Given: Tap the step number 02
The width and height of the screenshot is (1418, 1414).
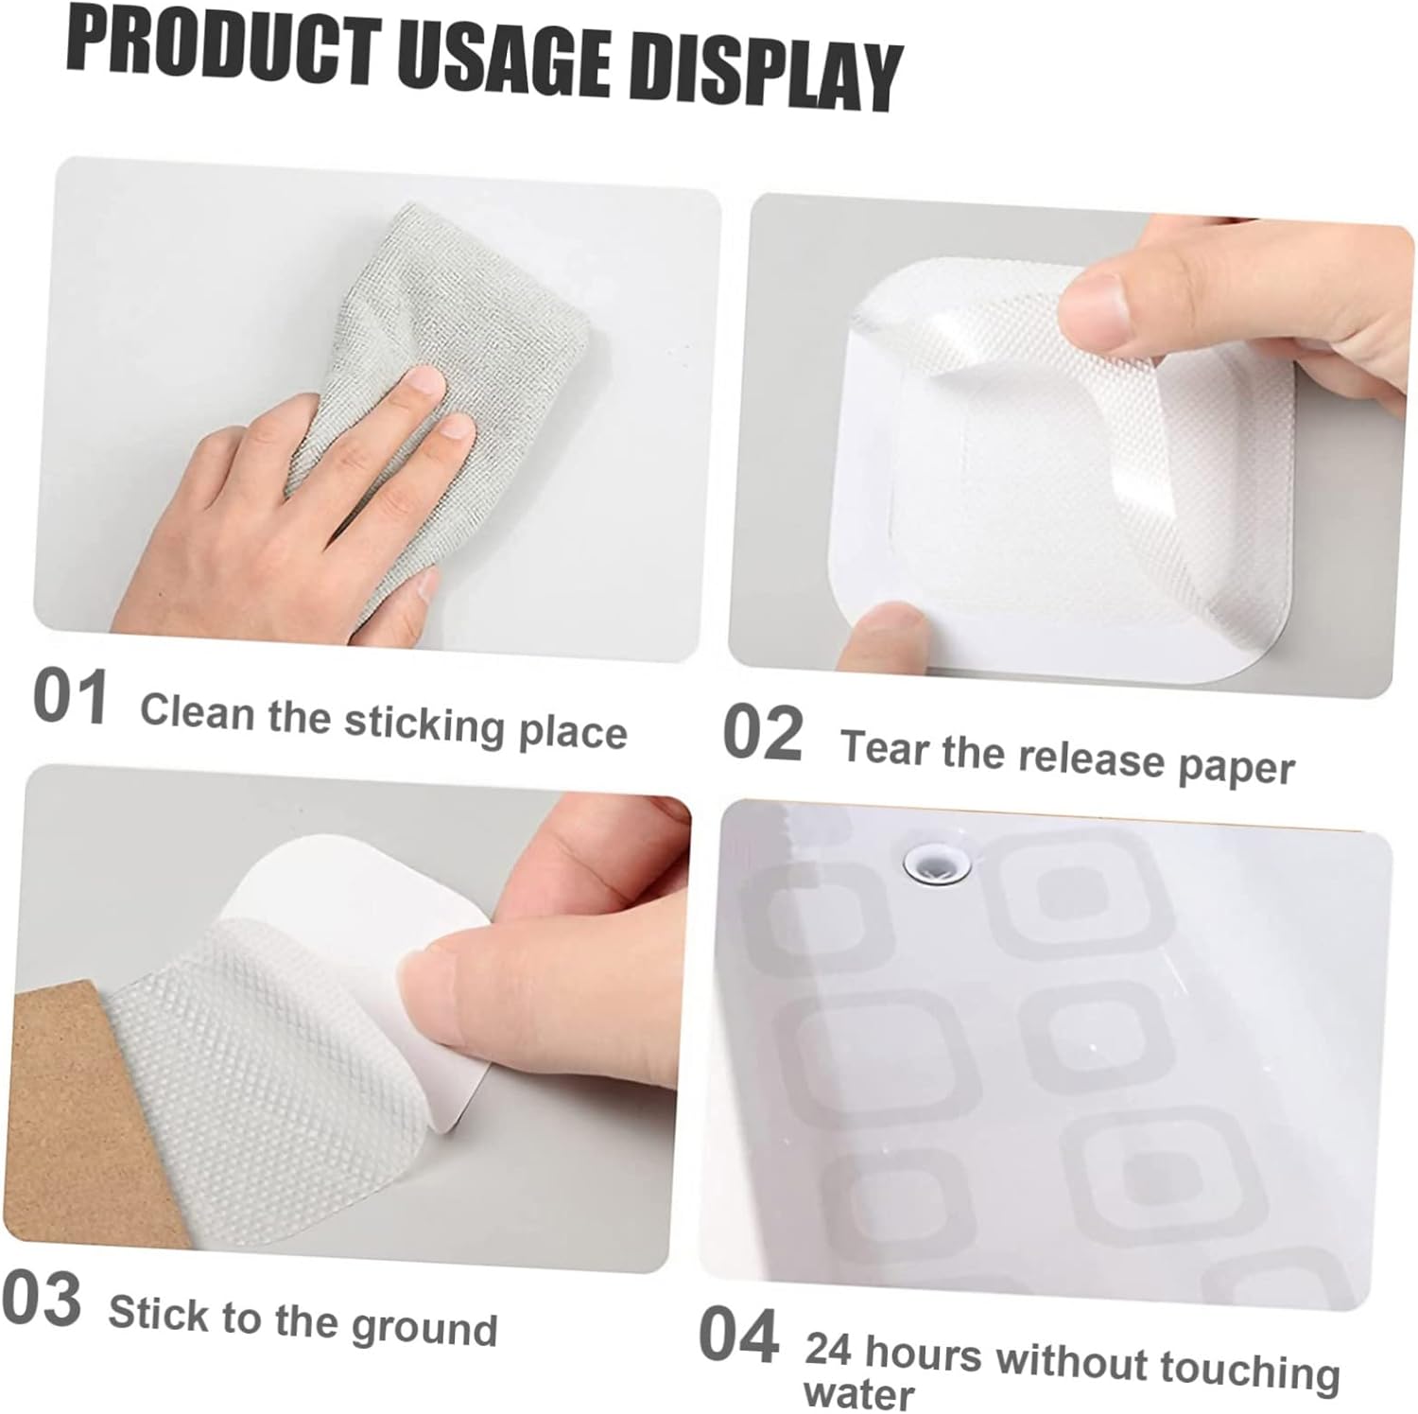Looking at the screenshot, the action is [x=762, y=733].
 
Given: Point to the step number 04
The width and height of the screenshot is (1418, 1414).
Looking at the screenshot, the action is [x=738, y=1335].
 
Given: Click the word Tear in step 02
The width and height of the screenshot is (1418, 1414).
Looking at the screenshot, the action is [x=884, y=747].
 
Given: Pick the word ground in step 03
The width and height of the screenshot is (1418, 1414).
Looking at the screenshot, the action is [x=424, y=1329].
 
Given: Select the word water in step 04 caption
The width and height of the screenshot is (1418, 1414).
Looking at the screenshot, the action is [x=858, y=1393].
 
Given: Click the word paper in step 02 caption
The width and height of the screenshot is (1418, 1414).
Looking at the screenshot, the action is [x=1236, y=767].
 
